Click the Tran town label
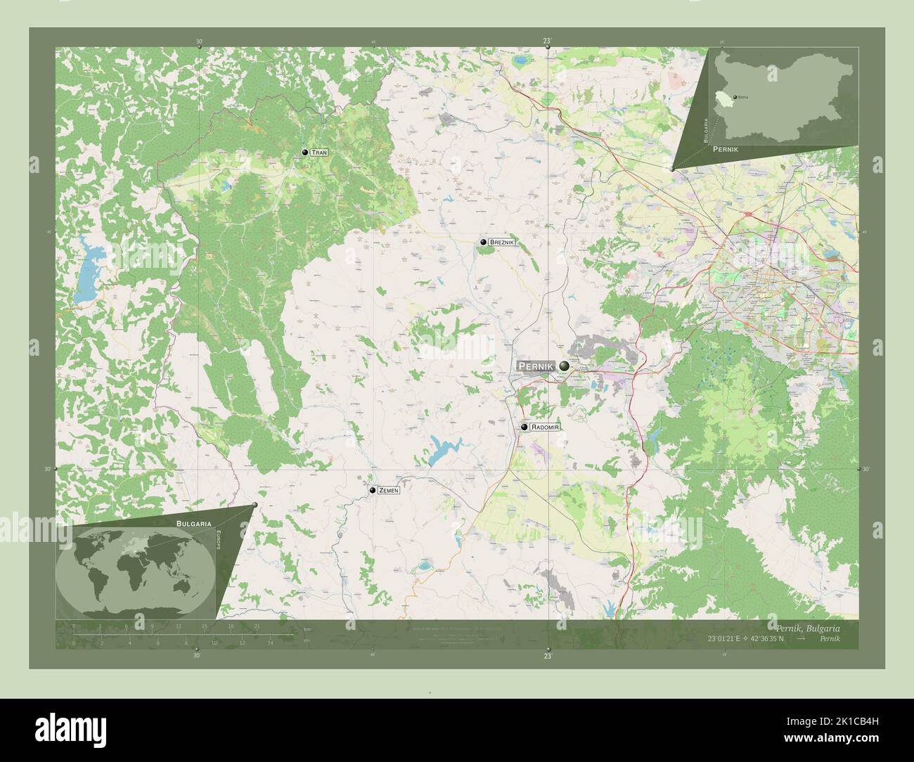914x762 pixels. tap(318, 153)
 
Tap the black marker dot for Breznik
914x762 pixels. tap(484, 243)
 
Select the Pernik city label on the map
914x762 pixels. tap(536, 366)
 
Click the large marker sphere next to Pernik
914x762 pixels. tap(565, 366)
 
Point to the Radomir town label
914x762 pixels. tap(546, 427)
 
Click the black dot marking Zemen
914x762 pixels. tap(373, 491)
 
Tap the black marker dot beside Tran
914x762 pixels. tap(304, 153)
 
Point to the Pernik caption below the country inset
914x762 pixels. tap(725, 150)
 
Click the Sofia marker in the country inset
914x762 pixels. tap(735, 96)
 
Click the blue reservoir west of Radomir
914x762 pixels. tap(444, 450)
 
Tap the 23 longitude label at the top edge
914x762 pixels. tap(548, 41)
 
